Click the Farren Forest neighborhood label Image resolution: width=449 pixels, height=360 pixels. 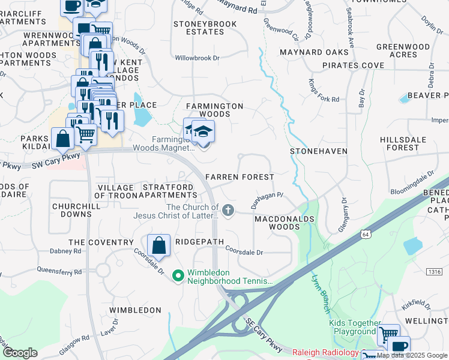(x=240, y=177)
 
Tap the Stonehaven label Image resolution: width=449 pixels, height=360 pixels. (x=319, y=151)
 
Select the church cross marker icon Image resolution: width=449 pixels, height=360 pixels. (x=228, y=210)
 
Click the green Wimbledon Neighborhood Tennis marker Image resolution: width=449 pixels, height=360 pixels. (x=178, y=276)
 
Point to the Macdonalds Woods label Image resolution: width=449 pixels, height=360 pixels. (x=285, y=223)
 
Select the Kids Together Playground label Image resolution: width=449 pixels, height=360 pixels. (x=352, y=327)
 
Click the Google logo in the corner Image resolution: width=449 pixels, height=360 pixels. (x=20, y=353)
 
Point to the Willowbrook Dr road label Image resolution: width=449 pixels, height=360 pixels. (x=197, y=59)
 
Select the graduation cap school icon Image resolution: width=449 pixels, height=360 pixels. (x=203, y=131)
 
